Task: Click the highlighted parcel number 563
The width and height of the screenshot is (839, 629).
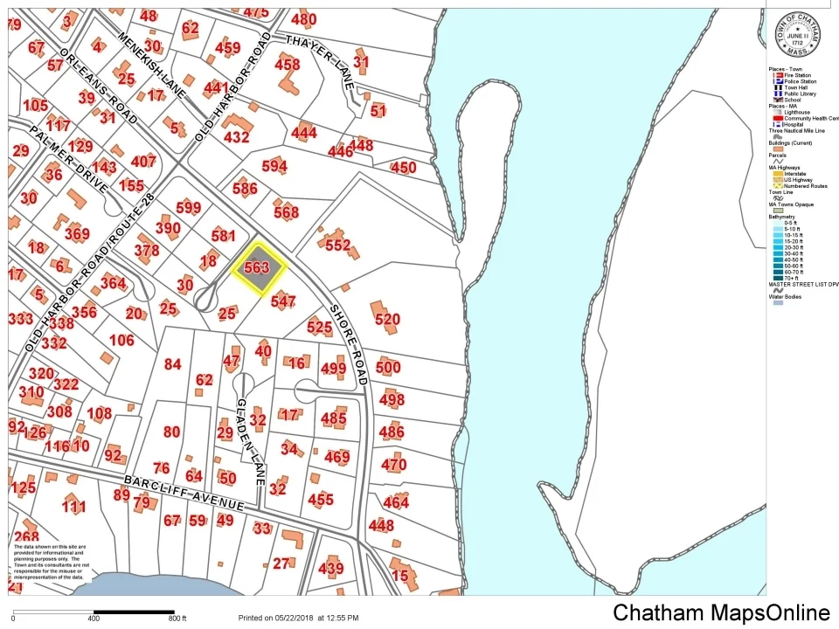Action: (257, 268)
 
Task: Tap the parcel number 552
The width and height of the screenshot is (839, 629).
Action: (337, 245)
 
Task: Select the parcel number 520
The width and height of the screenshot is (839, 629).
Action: (387, 320)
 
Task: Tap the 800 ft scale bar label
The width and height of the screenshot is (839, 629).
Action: (177, 619)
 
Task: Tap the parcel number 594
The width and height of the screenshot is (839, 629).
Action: (274, 167)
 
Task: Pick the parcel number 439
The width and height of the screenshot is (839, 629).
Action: (330, 569)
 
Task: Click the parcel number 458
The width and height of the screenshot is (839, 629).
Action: (287, 64)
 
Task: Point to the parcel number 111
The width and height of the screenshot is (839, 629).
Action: (74, 508)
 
